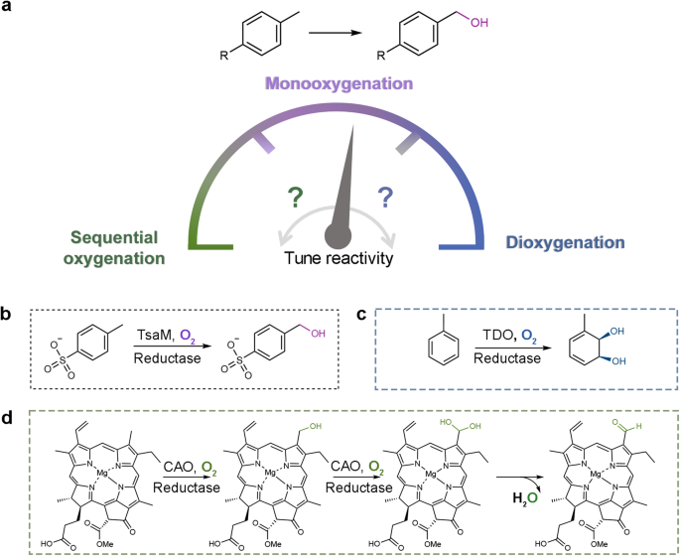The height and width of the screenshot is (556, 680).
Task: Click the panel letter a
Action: [x=9, y=10]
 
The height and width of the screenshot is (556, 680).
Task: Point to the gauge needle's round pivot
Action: [x=340, y=239]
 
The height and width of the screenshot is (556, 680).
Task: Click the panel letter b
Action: [x=9, y=315]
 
